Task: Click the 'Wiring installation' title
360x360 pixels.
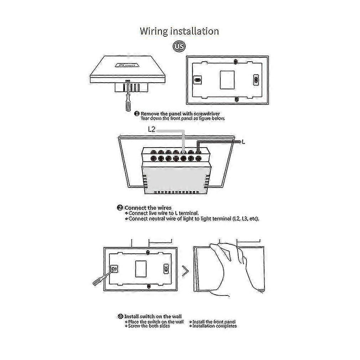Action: [179, 31]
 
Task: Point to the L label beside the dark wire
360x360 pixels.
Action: [243, 142]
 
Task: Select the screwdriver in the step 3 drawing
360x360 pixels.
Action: [102, 276]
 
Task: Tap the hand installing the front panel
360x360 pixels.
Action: [228, 266]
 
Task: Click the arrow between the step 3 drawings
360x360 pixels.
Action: [185, 272]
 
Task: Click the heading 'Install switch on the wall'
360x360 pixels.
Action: [153, 316]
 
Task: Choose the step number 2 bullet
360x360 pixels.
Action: [120, 208]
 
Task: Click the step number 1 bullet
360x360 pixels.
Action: [137, 113]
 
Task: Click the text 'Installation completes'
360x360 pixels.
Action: [214, 326]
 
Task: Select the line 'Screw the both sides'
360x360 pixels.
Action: [149, 326]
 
